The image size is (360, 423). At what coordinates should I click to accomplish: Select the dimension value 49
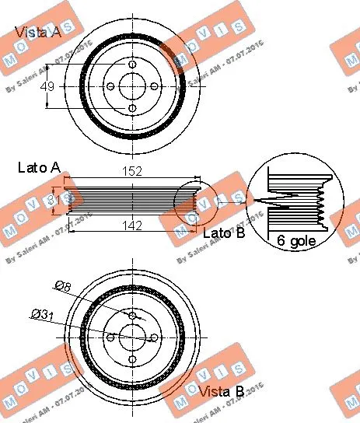point(47,86)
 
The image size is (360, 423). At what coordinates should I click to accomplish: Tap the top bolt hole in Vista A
point(132,65)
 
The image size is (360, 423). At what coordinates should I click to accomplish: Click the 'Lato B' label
point(222,232)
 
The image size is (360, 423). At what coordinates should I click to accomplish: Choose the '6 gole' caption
point(296,242)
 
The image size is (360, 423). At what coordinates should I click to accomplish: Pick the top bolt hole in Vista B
point(132,315)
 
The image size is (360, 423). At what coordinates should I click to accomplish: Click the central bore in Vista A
point(132,86)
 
